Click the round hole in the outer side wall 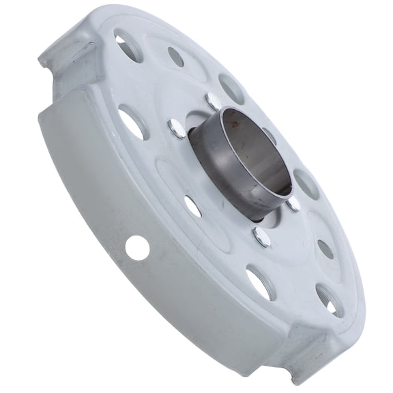click(x=136, y=248)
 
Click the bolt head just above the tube click(x=213, y=100)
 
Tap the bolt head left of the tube click(x=175, y=127)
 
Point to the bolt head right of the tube click(x=293, y=203)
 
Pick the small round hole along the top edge click(x=176, y=57)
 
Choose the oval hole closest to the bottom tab click(x=329, y=300)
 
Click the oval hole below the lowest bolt click(x=261, y=282)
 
